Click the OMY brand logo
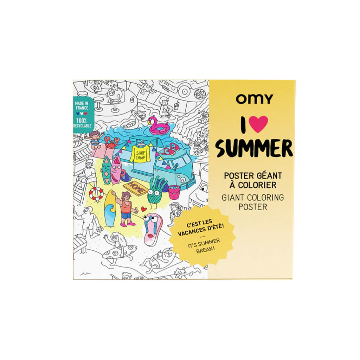pos(254,99)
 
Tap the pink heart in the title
pos(260,124)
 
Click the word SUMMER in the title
pos(254,148)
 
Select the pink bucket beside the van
pos(174,192)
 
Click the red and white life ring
pos(96,194)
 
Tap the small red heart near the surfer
pos(144,209)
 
